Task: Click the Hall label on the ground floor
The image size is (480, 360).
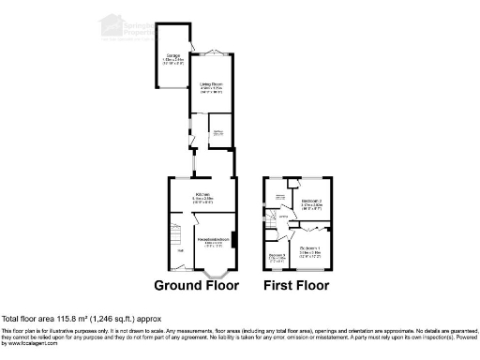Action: [179, 250]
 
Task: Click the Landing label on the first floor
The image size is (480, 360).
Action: [284, 217]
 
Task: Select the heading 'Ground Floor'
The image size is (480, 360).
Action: [196, 285]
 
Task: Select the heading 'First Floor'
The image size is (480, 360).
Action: [298, 285]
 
